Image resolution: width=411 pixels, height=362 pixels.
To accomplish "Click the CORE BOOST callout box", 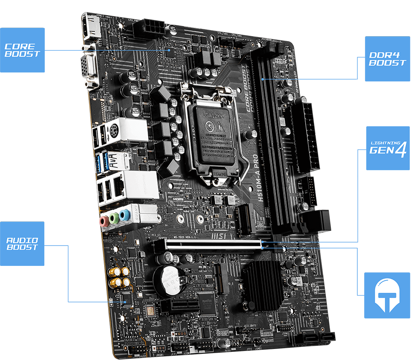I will (x=22, y=50).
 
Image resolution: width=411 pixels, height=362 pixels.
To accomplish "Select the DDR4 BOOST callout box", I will (x=387, y=59).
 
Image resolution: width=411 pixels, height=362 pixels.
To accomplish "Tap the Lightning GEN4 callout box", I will (x=387, y=148).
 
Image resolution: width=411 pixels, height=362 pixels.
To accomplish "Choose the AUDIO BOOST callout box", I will (x=22, y=244).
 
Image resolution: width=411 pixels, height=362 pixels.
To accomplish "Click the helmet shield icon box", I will (x=387, y=295).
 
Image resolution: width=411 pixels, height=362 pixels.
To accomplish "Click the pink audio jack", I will (x=103, y=221).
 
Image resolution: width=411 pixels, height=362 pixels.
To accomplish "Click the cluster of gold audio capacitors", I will (x=119, y=277).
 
